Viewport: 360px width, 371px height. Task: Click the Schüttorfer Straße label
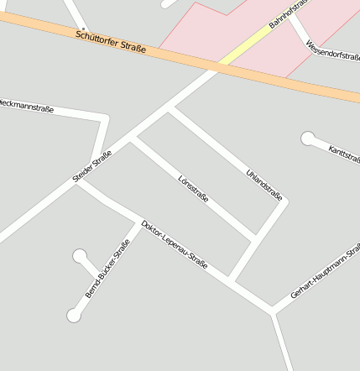(x=110, y=42)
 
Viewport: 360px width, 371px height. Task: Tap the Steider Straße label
(x=92, y=165)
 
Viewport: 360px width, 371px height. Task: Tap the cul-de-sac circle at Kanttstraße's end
(x=308, y=138)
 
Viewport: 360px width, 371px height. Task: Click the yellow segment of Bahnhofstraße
(x=243, y=44)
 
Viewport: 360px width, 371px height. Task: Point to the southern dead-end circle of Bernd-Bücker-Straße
(x=74, y=316)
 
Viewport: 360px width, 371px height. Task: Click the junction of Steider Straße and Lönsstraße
(x=133, y=138)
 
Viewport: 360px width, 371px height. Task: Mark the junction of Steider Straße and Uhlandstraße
(x=170, y=108)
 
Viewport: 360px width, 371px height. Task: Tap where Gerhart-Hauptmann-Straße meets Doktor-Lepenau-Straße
(x=273, y=312)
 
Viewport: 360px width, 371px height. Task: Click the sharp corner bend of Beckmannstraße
(x=106, y=117)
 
